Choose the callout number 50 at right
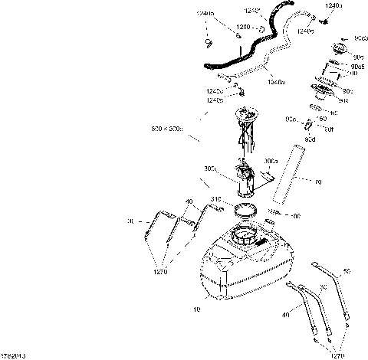pos(347,271)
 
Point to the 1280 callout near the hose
pos(242,28)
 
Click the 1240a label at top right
pos(334,6)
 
